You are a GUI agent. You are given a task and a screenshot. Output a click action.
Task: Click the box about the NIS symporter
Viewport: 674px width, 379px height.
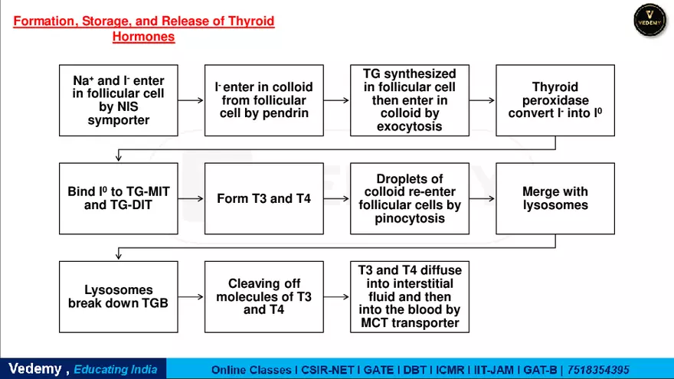click(118, 100)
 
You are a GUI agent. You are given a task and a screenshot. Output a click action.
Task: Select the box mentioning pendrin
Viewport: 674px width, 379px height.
click(263, 100)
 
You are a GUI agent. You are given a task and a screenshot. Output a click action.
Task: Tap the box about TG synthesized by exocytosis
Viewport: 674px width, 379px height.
click(409, 100)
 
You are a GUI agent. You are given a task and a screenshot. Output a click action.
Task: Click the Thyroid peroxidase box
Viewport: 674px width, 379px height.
click(555, 100)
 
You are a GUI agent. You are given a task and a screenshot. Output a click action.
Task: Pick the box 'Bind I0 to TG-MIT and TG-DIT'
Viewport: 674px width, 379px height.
click(118, 198)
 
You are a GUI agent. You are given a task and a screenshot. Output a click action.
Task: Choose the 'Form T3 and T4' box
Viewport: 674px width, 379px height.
click(263, 198)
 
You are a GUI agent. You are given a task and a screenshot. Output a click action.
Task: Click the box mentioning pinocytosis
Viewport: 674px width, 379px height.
click(409, 198)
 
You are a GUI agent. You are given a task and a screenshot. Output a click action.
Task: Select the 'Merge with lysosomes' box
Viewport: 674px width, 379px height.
click(555, 198)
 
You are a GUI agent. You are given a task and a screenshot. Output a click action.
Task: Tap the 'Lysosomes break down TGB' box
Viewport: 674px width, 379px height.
click(118, 296)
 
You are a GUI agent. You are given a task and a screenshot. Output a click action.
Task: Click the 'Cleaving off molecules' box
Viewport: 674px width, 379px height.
click(263, 296)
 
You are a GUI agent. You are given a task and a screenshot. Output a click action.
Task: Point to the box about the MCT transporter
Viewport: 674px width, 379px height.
click(409, 296)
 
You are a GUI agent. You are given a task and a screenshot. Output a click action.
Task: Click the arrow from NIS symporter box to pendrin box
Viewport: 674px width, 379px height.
click(191, 100)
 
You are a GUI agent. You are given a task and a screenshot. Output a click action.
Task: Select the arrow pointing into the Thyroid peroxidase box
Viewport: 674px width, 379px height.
click(482, 100)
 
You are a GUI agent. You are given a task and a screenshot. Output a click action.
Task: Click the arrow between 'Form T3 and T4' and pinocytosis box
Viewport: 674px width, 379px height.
click(336, 198)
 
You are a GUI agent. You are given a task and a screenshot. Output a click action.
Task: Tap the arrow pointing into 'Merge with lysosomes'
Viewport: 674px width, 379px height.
click(482, 198)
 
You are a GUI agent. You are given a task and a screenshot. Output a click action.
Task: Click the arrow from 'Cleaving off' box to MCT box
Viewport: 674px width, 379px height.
click(336, 296)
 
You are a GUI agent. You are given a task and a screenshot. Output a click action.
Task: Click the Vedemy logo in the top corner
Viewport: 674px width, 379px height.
click(649, 20)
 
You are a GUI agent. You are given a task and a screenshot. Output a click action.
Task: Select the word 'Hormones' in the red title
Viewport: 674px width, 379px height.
click(143, 37)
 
